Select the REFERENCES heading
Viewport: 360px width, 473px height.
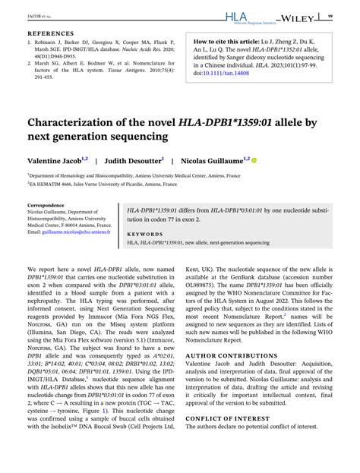tap(52, 34)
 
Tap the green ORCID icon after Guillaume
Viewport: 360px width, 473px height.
tap(254, 161)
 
